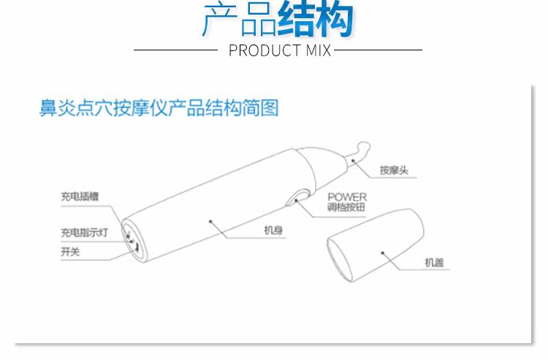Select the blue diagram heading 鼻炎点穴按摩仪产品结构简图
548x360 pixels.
159,109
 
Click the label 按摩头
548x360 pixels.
393,171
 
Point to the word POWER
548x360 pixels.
346,197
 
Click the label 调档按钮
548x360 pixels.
346,207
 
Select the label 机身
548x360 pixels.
273,231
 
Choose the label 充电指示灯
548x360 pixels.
84,233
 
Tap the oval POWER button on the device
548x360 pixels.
299,199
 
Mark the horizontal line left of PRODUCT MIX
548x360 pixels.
175,50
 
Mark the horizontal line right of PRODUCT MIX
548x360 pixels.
378,50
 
